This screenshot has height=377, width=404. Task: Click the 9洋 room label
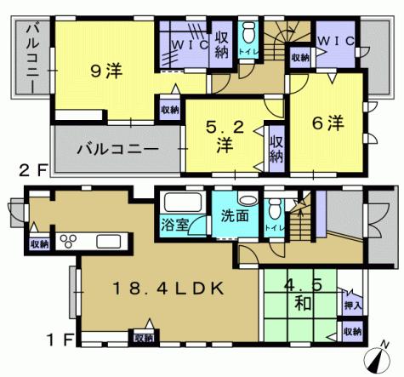point(106,72)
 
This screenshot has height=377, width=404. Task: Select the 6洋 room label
point(327,124)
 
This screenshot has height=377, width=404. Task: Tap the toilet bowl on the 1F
point(275,209)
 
